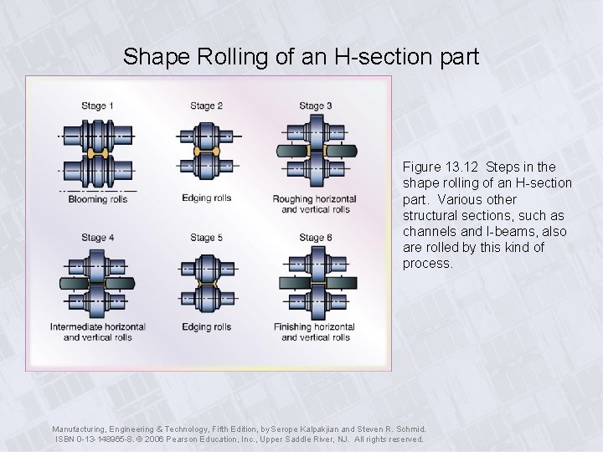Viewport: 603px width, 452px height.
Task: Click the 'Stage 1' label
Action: point(99,106)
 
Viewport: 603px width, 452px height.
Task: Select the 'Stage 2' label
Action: point(206,106)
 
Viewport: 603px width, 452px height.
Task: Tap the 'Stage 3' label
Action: point(316,106)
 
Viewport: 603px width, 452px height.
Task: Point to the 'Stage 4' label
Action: point(99,239)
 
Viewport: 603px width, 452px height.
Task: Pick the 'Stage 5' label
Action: point(206,239)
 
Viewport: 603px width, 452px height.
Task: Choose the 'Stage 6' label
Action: point(316,239)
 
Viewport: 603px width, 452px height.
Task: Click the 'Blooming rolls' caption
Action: point(99,199)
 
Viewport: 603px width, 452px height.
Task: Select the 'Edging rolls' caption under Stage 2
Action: point(206,198)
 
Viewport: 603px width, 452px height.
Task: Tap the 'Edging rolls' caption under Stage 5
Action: point(206,326)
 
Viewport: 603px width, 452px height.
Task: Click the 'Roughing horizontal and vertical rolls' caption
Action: point(315,203)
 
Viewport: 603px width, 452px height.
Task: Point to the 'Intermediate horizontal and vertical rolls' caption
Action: point(98,331)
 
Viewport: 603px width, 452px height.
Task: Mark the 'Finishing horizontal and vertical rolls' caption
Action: point(315,331)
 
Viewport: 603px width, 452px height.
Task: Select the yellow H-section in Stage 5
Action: point(206,285)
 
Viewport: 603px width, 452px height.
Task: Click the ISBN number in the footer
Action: point(104,439)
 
